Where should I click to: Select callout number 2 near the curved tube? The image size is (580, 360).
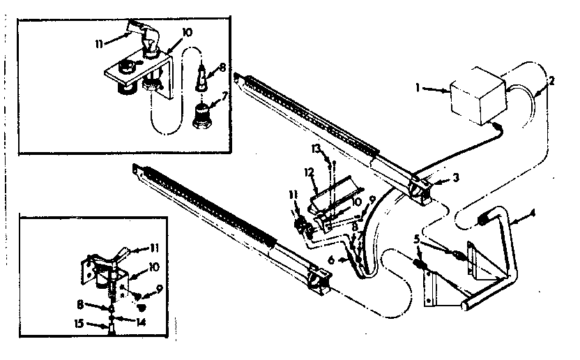pyautogui.click(x=551, y=80)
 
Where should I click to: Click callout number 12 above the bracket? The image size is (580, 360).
pyautogui.click(x=307, y=171)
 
